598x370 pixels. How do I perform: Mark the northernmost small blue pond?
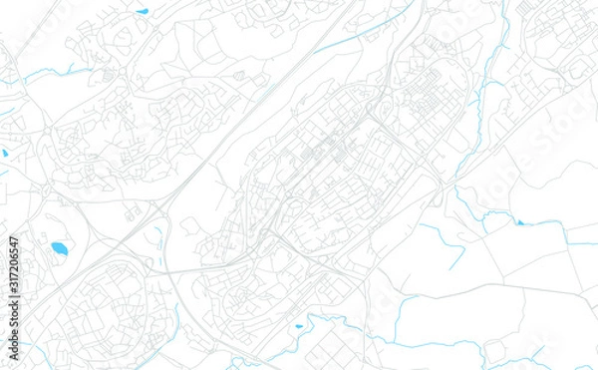coord(143,11)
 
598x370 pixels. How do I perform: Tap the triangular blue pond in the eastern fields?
coord(519,221)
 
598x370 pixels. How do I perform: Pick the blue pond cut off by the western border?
coord(4,154)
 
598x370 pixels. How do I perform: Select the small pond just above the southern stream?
coord(298,325)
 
